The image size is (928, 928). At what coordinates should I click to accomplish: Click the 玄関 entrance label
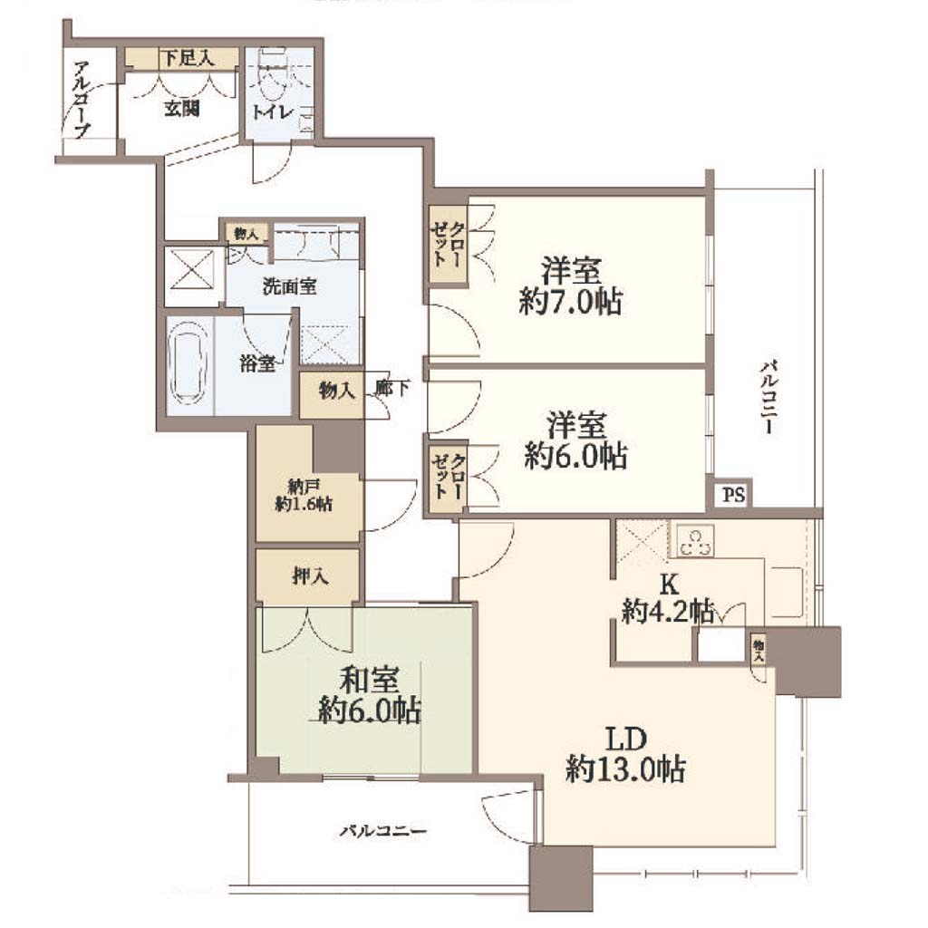coord(181,109)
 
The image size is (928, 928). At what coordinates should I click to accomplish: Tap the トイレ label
coord(271,111)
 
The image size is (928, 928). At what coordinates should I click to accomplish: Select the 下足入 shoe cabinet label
coord(188,58)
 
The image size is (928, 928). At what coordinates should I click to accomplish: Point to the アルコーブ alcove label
coord(82,100)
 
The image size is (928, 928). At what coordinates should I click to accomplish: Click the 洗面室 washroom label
coord(289,286)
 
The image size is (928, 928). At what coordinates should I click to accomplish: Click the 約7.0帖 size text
coord(570,303)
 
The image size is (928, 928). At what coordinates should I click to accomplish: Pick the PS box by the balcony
coord(733,494)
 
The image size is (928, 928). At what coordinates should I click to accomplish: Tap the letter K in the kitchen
coord(669,585)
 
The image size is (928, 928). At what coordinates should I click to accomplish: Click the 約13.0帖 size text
coord(625,768)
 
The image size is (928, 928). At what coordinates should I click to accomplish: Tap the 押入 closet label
coord(310,575)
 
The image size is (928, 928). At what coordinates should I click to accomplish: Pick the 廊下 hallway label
coord(391,388)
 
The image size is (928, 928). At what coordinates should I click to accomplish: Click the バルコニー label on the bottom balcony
coord(383,832)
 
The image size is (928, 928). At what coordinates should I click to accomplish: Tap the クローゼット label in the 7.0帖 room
coord(449,244)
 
